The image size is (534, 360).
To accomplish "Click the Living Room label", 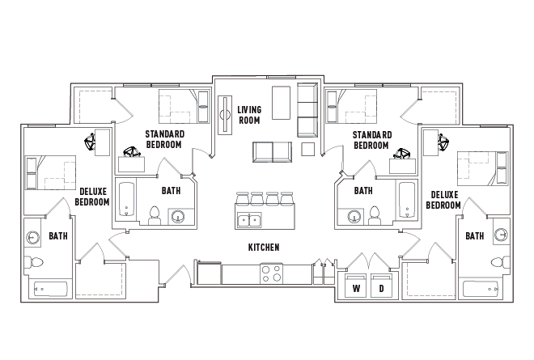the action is pyautogui.click(x=249, y=115).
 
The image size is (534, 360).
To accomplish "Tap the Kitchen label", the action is pyautogui.click(x=264, y=248).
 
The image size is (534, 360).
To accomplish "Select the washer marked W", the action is pyautogui.click(x=355, y=285).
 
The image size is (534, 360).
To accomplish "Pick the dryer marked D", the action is pyautogui.click(x=381, y=285).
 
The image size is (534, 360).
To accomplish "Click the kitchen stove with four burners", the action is pyautogui.click(x=271, y=273).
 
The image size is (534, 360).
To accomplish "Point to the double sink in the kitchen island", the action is pyautogui.click(x=249, y=220).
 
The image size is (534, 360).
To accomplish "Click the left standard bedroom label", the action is pyautogui.click(x=165, y=139).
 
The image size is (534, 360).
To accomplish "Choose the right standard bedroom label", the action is pyautogui.click(x=372, y=140).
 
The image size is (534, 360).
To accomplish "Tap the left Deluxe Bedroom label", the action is pyautogui.click(x=92, y=197).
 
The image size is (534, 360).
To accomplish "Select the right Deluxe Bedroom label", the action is pyautogui.click(x=443, y=200).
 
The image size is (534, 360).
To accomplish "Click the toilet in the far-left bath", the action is pyautogui.click(x=34, y=263).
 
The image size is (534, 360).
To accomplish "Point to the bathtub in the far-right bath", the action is pyautogui.click(x=480, y=289).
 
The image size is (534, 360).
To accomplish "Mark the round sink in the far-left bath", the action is pyautogui.click(x=32, y=236).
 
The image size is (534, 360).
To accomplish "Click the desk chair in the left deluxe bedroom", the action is pyautogui.click(x=90, y=142).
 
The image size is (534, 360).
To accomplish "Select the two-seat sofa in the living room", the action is pyautogui.click(x=272, y=152).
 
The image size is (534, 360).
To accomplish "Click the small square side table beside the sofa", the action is pyautogui.click(x=308, y=149).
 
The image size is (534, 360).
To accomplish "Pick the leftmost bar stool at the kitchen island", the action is pyautogui.click(x=242, y=198).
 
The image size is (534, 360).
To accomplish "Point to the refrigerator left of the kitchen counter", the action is pyautogui.click(x=209, y=273).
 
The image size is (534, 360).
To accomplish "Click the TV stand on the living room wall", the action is pyautogui.click(x=225, y=115).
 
